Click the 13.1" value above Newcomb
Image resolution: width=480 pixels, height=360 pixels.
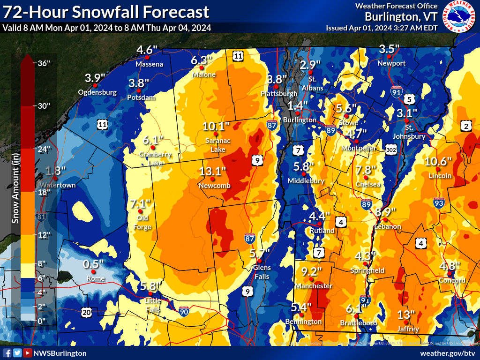212,171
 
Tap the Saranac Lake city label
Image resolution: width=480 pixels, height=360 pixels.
215,145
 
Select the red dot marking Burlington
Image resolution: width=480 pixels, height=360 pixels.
297,113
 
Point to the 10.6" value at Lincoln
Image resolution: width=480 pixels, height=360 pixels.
438,161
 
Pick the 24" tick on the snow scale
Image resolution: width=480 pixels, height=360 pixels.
44,149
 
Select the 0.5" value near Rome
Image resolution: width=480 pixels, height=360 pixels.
93,264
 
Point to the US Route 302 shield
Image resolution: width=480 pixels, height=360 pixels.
392,149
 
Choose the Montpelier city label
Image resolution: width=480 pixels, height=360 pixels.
360,148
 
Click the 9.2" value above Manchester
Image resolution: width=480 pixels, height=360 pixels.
311,271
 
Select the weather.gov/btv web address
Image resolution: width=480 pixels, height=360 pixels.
448,353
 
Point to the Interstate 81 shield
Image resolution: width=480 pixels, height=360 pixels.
42,216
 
